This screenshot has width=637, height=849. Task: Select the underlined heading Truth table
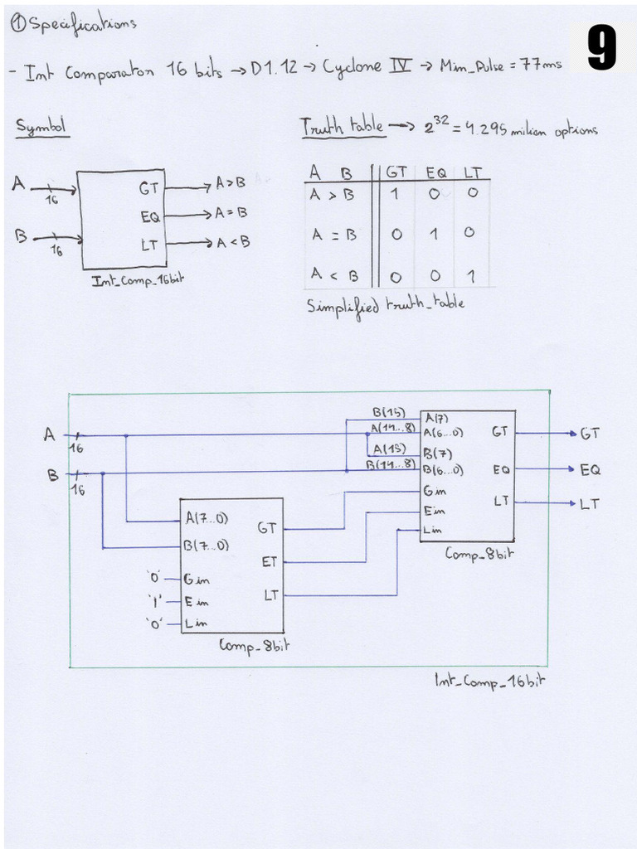pyautogui.click(x=342, y=126)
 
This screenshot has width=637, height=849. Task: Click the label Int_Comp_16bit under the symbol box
pyautogui.click(x=138, y=280)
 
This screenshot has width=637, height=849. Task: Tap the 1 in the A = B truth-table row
pyautogui.click(x=432, y=235)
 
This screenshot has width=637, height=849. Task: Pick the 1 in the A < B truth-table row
pyautogui.click(x=469, y=275)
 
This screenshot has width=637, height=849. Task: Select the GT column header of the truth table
pyautogui.click(x=396, y=172)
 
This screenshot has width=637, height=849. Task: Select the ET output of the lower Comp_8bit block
pyautogui.click(x=269, y=561)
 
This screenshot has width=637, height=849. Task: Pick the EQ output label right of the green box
pyautogui.click(x=590, y=469)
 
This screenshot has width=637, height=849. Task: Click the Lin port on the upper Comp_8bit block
pyautogui.click(x=432, y=530)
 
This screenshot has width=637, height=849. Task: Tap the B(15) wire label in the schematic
pyautogui.click(x=388, y=412)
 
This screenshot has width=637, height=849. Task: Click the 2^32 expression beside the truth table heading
pyautogui.click(x=437, y=126)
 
